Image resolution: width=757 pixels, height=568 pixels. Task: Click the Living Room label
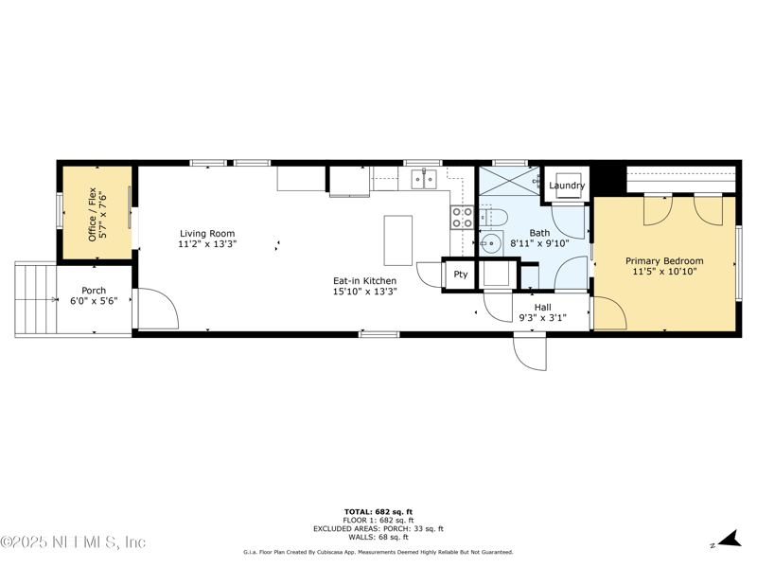pyautogui.click(x=207, y=234)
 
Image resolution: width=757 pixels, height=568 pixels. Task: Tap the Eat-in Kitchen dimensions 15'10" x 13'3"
pyautogui.click(x=365, y=292)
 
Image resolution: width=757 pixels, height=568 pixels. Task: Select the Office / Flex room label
pyautogui.click(x=92, y=215)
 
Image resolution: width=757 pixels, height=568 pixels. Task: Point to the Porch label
pyautogui.click(x=94, y=291)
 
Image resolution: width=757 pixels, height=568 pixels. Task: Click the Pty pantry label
pyautogui.click(x=461, y=275)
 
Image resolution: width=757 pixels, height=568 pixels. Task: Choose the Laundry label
pyautogui.click(x=567, y=186)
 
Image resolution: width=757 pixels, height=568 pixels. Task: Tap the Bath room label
pyautogui.click(x=539, y=233)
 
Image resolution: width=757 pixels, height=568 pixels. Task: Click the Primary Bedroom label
pyautogui.click(x=664, y=261)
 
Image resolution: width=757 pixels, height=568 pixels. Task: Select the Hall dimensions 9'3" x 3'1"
pyautogui.click(x=542, y=318)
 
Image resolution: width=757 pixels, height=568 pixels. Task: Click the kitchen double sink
pyautogui.click(x=424, y=179)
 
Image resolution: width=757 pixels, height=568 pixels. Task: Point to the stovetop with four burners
pyautogui.click(x=462, y=217)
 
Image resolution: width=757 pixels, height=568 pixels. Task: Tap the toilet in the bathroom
pyautogui.click(x=492, y=218)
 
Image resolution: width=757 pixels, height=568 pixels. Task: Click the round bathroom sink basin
pyautogui.click(x=490, y=243)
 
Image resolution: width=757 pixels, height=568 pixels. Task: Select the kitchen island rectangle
pyautogui.click(x=398, y=240)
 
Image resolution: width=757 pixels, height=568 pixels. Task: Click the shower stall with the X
pyautogui.click(x=509, y=181)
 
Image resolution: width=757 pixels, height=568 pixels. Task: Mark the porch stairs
pyautogui.click(x=36, y=299)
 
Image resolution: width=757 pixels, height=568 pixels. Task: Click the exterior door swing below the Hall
pyautogui.click(x=530, y=352)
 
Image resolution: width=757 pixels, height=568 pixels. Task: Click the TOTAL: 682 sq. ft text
pyautogui.click(x=378, y=512)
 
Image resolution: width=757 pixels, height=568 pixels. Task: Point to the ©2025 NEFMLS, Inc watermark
pyautogui.click(x=73, y=541)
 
